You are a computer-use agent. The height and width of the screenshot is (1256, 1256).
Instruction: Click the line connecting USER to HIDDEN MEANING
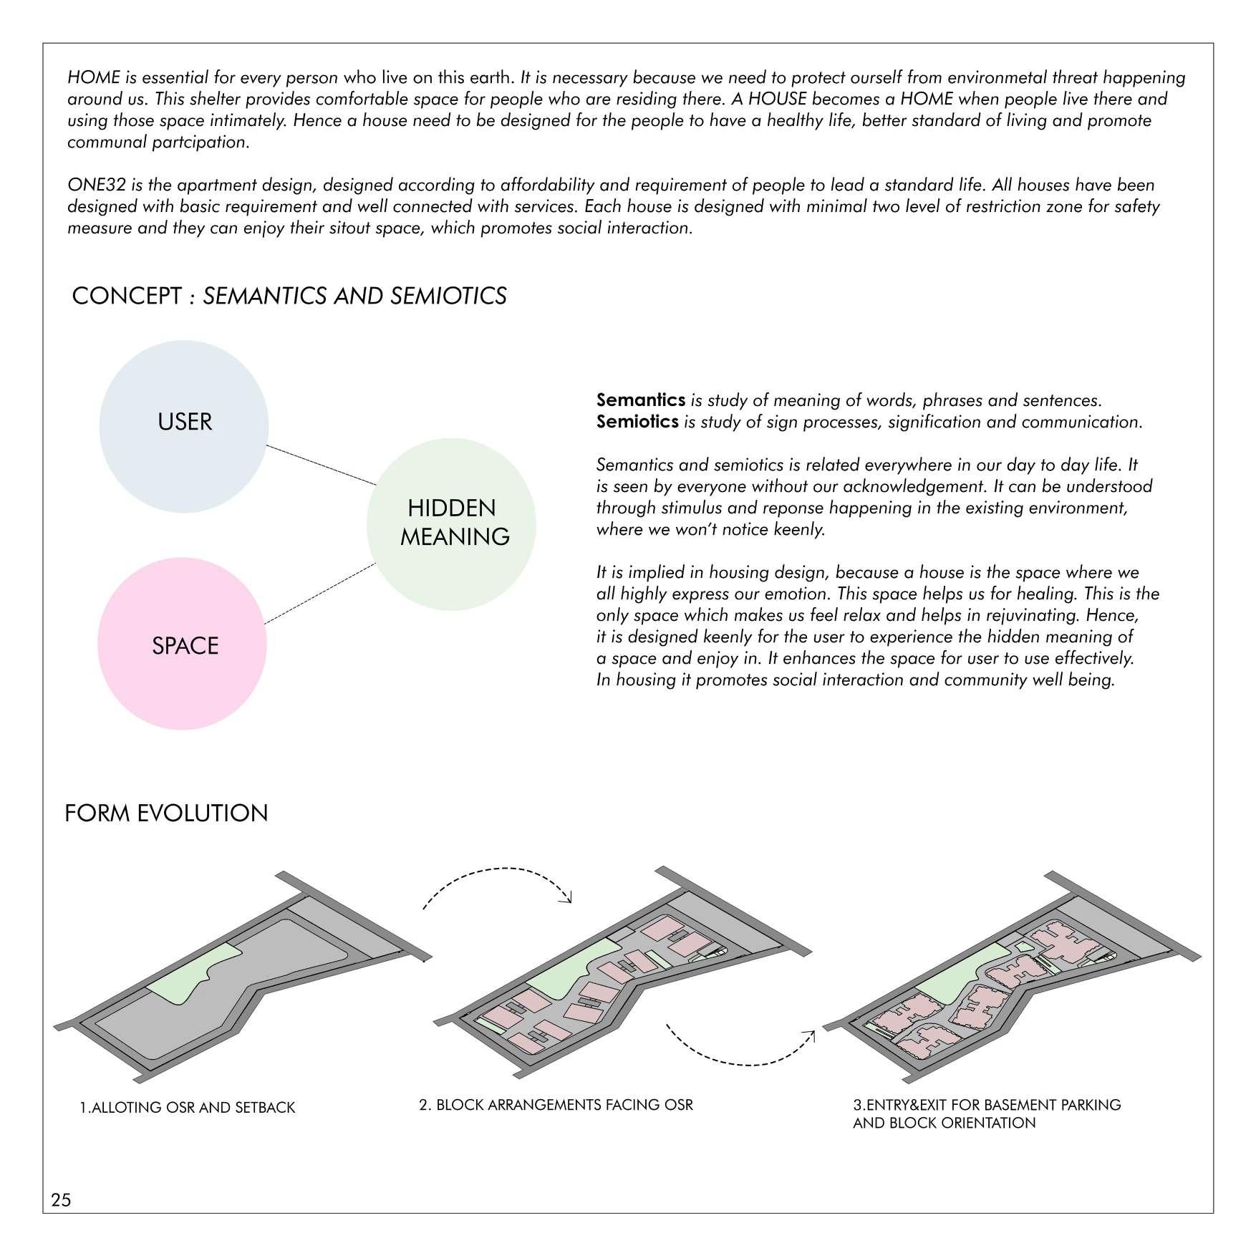321,465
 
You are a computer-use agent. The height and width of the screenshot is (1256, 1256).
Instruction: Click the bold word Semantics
641,400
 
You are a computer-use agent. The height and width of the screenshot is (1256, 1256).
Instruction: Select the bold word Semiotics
637,422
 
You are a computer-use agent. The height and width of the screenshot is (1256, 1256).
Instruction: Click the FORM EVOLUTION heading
166,813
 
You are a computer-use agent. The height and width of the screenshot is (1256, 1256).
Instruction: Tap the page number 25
61,1199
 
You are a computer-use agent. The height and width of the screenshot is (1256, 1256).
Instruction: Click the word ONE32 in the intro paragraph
97,185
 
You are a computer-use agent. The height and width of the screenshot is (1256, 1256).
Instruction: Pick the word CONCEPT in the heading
127,296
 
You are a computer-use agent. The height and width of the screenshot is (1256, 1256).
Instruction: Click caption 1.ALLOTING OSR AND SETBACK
187,1108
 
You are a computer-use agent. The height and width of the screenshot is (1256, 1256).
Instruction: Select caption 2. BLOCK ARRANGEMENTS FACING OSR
556,1105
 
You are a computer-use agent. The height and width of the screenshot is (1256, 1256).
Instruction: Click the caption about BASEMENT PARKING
986,1114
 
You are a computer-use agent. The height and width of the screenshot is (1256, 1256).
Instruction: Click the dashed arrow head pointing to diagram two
569,898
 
